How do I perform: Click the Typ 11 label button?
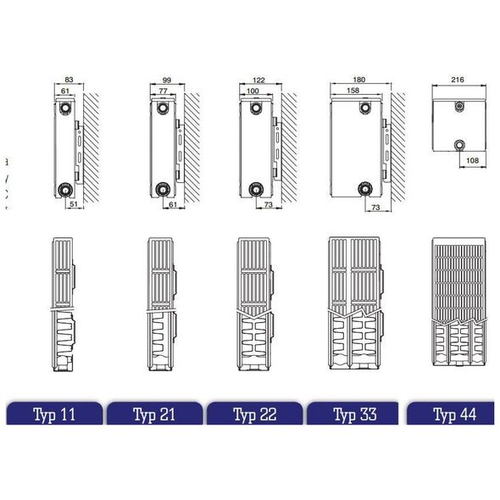(x=54, y=414)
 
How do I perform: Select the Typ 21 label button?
(x=154, y=414)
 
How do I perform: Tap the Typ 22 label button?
(x=255, y=414)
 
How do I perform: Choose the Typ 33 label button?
(x=353, y=414)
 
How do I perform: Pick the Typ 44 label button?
(x=451, y=414)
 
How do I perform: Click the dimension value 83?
(x=69, y=80)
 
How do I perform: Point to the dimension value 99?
(x=167, y=80)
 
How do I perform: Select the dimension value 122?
(x=258, y=80)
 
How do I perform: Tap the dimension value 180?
(x=359, y=80)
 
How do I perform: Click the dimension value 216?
(x=458, y=80)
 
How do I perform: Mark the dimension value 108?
(x=472, y=160)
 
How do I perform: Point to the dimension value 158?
(x=353, y=90)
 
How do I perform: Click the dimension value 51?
(x=74, y=204)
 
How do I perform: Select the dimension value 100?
(x=253, y=91)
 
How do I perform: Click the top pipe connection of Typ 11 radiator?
(x=65, y=108)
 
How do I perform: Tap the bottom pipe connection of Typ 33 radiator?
(x=365, y=189)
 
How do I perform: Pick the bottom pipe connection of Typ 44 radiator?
(x=459, y=146)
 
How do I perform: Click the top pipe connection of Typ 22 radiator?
(x=255, y=108)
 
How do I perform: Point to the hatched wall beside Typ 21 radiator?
(x=192, y=147)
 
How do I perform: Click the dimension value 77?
(x=163, y=91)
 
